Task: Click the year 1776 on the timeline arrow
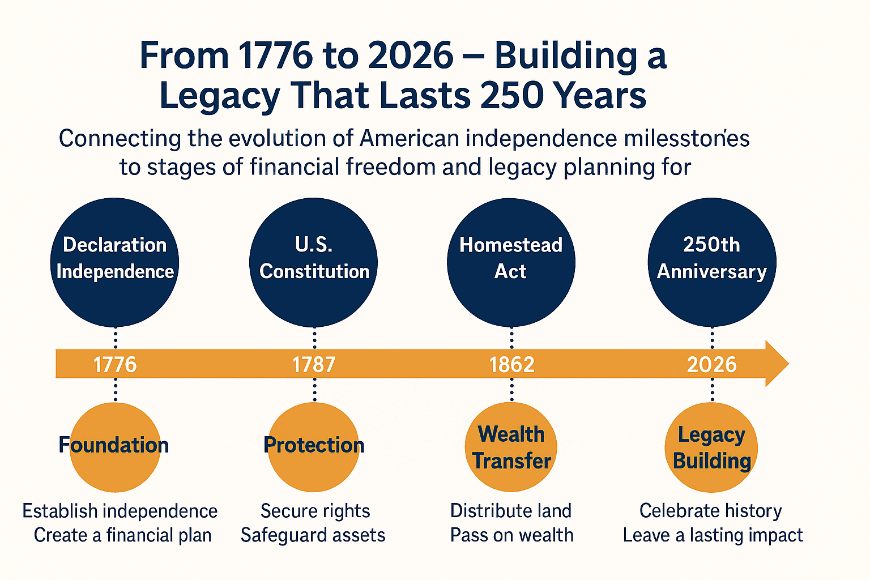point(115,364)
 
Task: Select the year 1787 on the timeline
point(314,364)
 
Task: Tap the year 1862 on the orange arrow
point(511,364)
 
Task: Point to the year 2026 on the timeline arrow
point(711,364)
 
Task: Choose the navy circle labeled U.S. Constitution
point(314,262)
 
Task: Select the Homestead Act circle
point(511,262)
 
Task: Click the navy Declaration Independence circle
point(115,262)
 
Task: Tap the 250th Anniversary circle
point(712,262)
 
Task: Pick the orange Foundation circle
point(115,447)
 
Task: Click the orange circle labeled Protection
point(314,447)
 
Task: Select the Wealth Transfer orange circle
point(511,447)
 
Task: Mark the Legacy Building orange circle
point(711,447)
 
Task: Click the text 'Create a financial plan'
point(122,535)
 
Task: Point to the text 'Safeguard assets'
point(313,535)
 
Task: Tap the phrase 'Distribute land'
point(510,511)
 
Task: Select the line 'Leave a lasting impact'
point(713,535)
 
